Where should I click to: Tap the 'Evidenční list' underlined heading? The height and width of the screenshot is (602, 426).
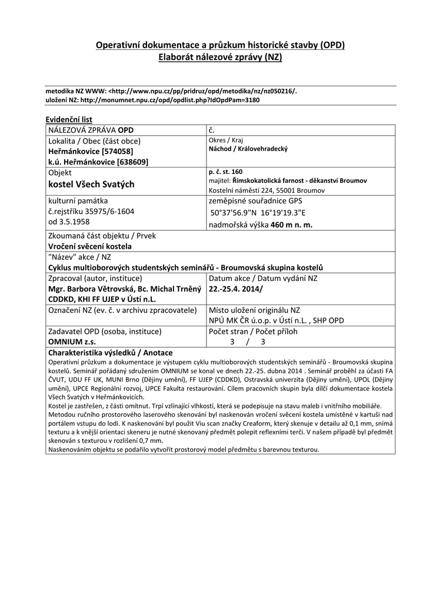pyautogui.click(x=69, y=119)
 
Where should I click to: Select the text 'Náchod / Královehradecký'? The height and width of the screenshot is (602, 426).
pyautogui.click(x=248, y=149)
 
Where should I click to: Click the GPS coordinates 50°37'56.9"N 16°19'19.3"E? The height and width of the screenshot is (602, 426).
pyautogui.click(x=259, y=214)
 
